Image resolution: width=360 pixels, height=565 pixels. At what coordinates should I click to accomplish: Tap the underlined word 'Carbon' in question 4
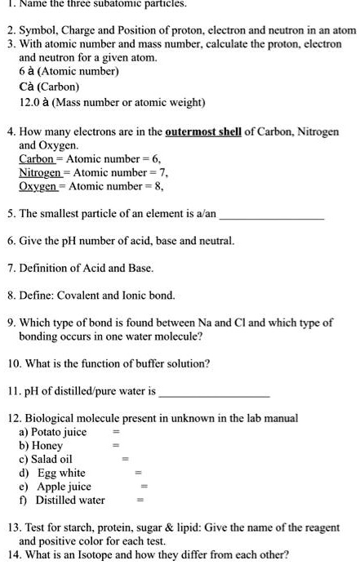(x=40, y=159)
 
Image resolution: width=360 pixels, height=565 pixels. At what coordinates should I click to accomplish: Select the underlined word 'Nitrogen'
(x=42, y=173)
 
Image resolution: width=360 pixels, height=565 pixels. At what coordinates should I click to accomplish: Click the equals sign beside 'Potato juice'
(x=116, y=432)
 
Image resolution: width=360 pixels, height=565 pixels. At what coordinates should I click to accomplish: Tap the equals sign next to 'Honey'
(x=116, y=446)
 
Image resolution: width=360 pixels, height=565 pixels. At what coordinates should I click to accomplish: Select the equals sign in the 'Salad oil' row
(x=125, y=460)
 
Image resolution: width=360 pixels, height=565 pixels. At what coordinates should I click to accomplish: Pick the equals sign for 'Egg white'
(x=140, y=474)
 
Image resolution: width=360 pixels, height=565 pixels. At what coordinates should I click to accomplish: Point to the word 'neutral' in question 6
(x=215, y=242)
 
